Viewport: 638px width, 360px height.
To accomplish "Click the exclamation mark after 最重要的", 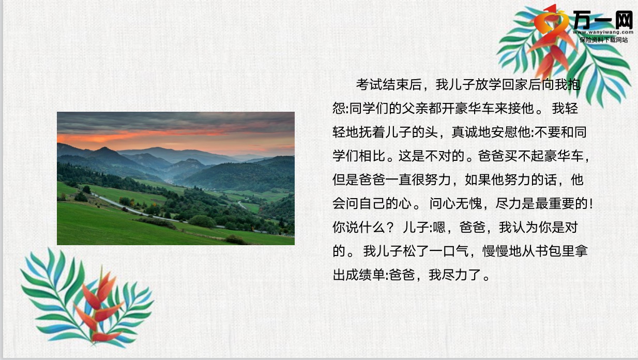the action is [x=591, y=203].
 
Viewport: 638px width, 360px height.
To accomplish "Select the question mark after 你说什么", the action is [x=390, y=228].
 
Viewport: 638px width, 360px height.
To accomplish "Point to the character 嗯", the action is [x=439, y=228].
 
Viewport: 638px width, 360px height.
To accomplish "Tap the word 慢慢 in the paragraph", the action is [x=495, y=251].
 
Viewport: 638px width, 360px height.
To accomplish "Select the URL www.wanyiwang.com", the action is [x=603, y=32].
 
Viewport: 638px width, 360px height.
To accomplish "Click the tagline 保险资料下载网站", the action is [x=603, y=40].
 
